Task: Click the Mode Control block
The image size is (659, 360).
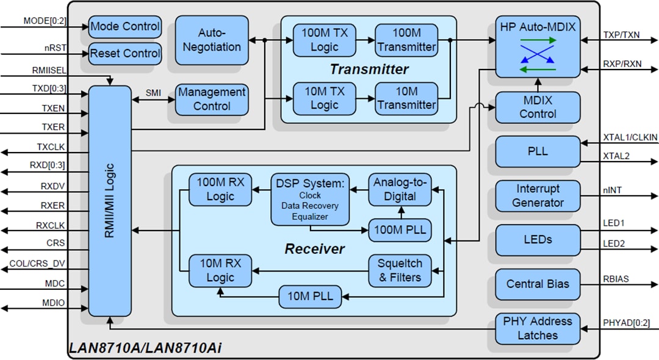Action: pyautogui.click(x=125, y=27)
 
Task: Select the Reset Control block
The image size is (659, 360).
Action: pyautogui.click(x=125, y=54)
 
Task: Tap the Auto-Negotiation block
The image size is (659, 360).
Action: pyautogui.click(x=211, y=40)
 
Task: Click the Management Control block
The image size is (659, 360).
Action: pyautogui.click(x=212, y=99)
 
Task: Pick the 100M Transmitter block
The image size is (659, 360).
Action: pyautogui.click(x=406, y=40)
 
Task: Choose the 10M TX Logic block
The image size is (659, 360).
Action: pyautogui.click(x=324, y=98)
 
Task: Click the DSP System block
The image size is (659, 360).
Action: pyautogui.click(x=310, y=199)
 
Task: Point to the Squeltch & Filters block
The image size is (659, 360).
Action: pyautogui.click(x=400, y=270)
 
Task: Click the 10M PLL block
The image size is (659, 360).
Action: pyautogui.click(x=310, y=297)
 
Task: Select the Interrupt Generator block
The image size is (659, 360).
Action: pyautogui.click(x=538, y=196)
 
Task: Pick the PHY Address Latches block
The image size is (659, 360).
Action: pyautogui.click(x=538, y=328)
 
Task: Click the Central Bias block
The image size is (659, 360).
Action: pyautogui.click(x=538, y=284)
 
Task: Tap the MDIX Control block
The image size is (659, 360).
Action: pyautogui.click(x=538, y=107)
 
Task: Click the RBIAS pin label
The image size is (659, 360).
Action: pyautogui.click(x=616, y=279)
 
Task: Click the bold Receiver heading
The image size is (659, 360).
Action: pyautogui.click(x=314, y=249)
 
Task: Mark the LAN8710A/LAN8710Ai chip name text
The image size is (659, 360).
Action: pyautogui.click(x=145, y=348)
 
